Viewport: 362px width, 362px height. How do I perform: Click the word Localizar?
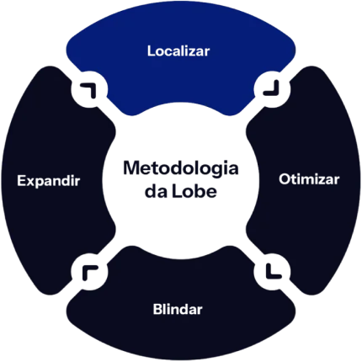pyautogui.click(x=178, y=51)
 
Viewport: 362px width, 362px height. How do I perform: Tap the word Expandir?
pyautogui.click(x=49, y=181)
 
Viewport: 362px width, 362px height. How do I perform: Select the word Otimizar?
pyautogui.click(x=309, y=179)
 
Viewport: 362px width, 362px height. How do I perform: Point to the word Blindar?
pyautogui.click(x=178, y=309)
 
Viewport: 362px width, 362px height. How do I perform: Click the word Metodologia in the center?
pyautogui.click(x=181, y=168)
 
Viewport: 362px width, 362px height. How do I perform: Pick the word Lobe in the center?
pyautogui.click(x=194, y=191)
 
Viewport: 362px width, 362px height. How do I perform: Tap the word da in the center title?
pyautogui.click(x=156, y=191)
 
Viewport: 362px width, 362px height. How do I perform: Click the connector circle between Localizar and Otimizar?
pyautogui.click(x=272, y=89)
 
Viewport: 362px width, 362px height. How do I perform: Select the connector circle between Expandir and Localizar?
pyautogui.click(x=89, y=89)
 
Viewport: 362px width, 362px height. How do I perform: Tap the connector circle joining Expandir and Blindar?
pyautogui.click(x=89, y=272)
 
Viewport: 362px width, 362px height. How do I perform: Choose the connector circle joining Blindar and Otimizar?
pyautogui.click(x=272, y=272)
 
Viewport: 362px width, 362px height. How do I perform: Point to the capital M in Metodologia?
pyautogui.click(x=131, y=168)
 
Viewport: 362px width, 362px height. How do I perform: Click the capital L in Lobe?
pyautogui.click(x=176, y=191)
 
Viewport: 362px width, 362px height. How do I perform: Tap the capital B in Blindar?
pyautogui.click(x=158, y=309)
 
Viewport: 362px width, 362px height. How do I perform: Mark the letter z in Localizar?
pyautogui.click(x=192, y=53)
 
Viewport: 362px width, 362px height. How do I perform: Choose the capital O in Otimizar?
pyautogui.click(x=285, y=179)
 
